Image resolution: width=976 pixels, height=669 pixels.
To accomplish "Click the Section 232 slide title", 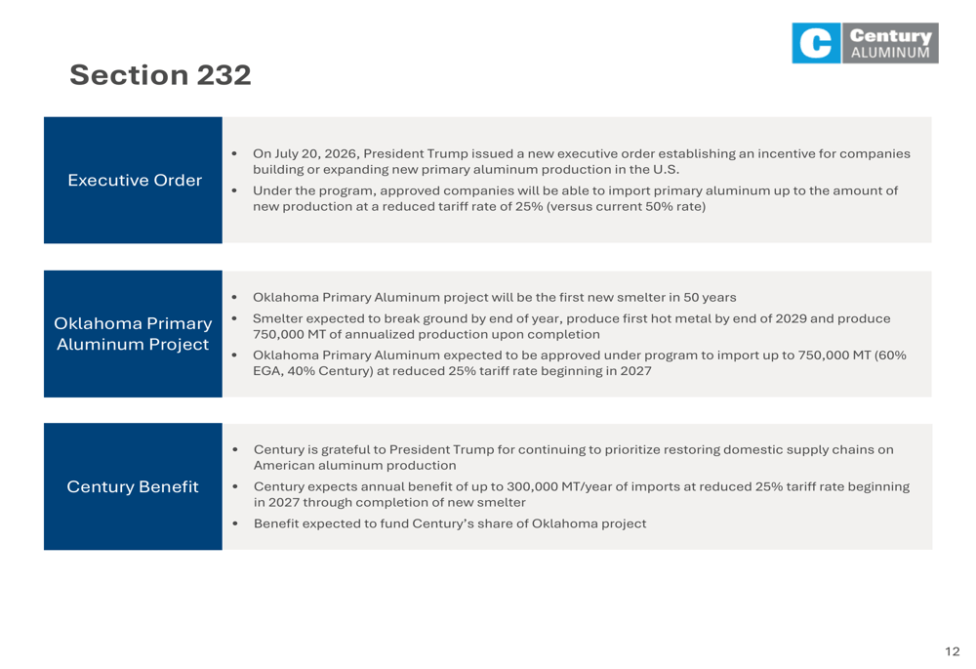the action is [160, 75].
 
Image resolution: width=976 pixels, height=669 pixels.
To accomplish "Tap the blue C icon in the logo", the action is [816, 43].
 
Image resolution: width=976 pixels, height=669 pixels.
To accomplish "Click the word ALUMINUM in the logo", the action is [890, 53].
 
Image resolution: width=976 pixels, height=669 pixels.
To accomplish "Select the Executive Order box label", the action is [135, 180].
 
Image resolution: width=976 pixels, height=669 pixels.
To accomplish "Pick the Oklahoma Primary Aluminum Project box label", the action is [133, 334].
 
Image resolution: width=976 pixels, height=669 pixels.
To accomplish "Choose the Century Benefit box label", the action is [133, 486].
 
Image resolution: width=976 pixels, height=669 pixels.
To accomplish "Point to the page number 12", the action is [952, 651].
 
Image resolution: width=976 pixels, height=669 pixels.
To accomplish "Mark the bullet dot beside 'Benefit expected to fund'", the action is [234, 523].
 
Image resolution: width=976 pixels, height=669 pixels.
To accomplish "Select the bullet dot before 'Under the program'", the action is [234, 190].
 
